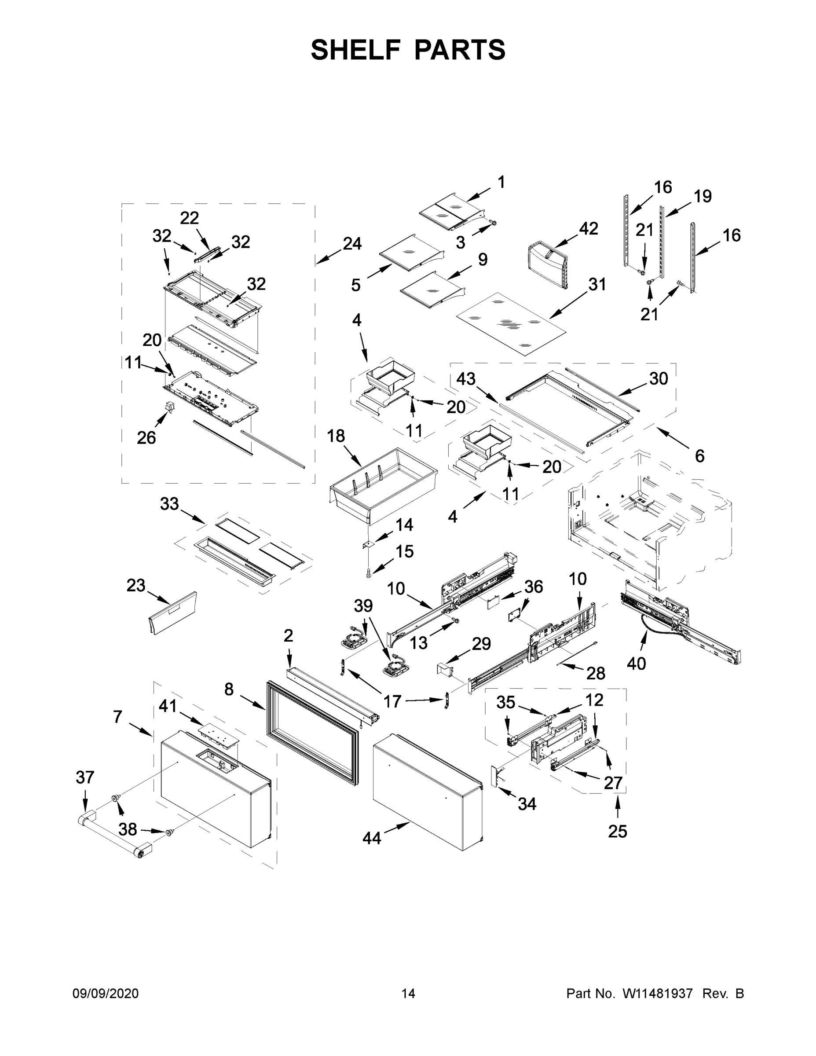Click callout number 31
pyautogui.click(x=597, y=284)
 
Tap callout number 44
pyautogui.click(x=371, y=838)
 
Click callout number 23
pyautogui.click(x=136, y=586)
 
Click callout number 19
pyautogui.click(x=703, y=196)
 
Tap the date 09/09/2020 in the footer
pyautogui.click(x=106, y=993)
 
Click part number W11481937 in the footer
pyautogui.click(x=658, y=993)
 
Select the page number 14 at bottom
pyautogui.click(x=408, y=993)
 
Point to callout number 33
pyautogui.click(x=169, y=504)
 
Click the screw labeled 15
pyautogui.click(x=369, y=574)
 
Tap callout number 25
pyautogui.click(x=617, y=831)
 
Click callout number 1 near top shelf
pyautogui.click(x=501, y=182)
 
